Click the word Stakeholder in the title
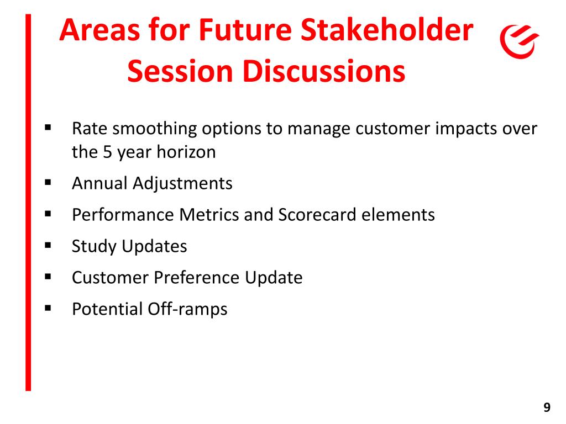pos(386,30)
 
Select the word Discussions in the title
pos(324,71)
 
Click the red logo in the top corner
pos(519,41)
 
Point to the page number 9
pos(547,407)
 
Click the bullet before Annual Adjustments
pos(48,182)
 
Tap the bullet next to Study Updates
pos(48,246)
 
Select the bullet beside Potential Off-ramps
pos(48,308)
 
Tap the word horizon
pos(186,152)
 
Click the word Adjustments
pos(182,183)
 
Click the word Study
pos(94,247)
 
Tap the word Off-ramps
pos(188,309)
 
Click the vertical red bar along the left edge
pos(28,202)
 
